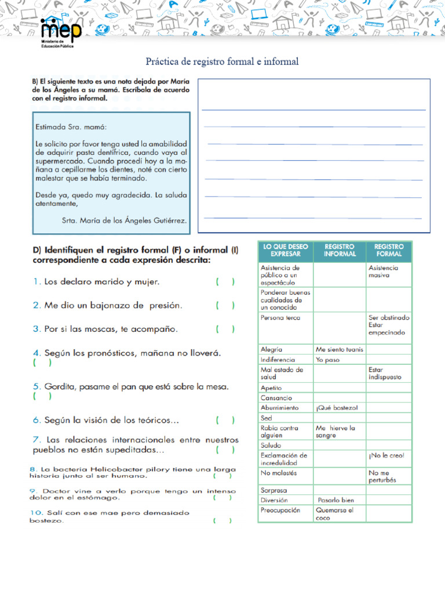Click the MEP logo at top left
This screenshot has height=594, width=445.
pos(61,32)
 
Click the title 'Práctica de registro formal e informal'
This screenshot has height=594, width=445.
pos(222,61)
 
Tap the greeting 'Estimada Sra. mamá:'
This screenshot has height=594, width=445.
pos(71,126)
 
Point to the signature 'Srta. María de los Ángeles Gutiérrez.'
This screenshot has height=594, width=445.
pos(124,220)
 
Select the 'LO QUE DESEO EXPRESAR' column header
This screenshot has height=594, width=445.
pos(285,250)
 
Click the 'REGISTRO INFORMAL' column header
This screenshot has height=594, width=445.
pos(340,250)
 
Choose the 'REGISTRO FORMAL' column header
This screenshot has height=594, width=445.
pos(389,250)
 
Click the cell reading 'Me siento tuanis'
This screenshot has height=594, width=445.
pos(340,350)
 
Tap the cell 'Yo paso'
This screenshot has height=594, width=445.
pos(328,360)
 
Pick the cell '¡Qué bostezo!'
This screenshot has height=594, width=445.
pos(337,408)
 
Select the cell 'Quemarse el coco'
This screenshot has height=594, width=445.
pos(334,514)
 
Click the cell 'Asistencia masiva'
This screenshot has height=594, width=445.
pos(384,271)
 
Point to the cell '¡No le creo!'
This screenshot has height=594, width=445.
pos(386,455)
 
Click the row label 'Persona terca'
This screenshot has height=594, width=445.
pos(281,318)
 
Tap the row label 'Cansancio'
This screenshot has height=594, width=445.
pos(276,398)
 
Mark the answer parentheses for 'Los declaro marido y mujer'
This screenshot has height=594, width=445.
pos(225,282)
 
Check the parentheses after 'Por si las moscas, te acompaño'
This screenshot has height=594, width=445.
pos(225,329)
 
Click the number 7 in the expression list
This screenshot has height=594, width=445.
pos(36,440)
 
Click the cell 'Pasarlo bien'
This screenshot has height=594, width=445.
pos(336,500)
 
